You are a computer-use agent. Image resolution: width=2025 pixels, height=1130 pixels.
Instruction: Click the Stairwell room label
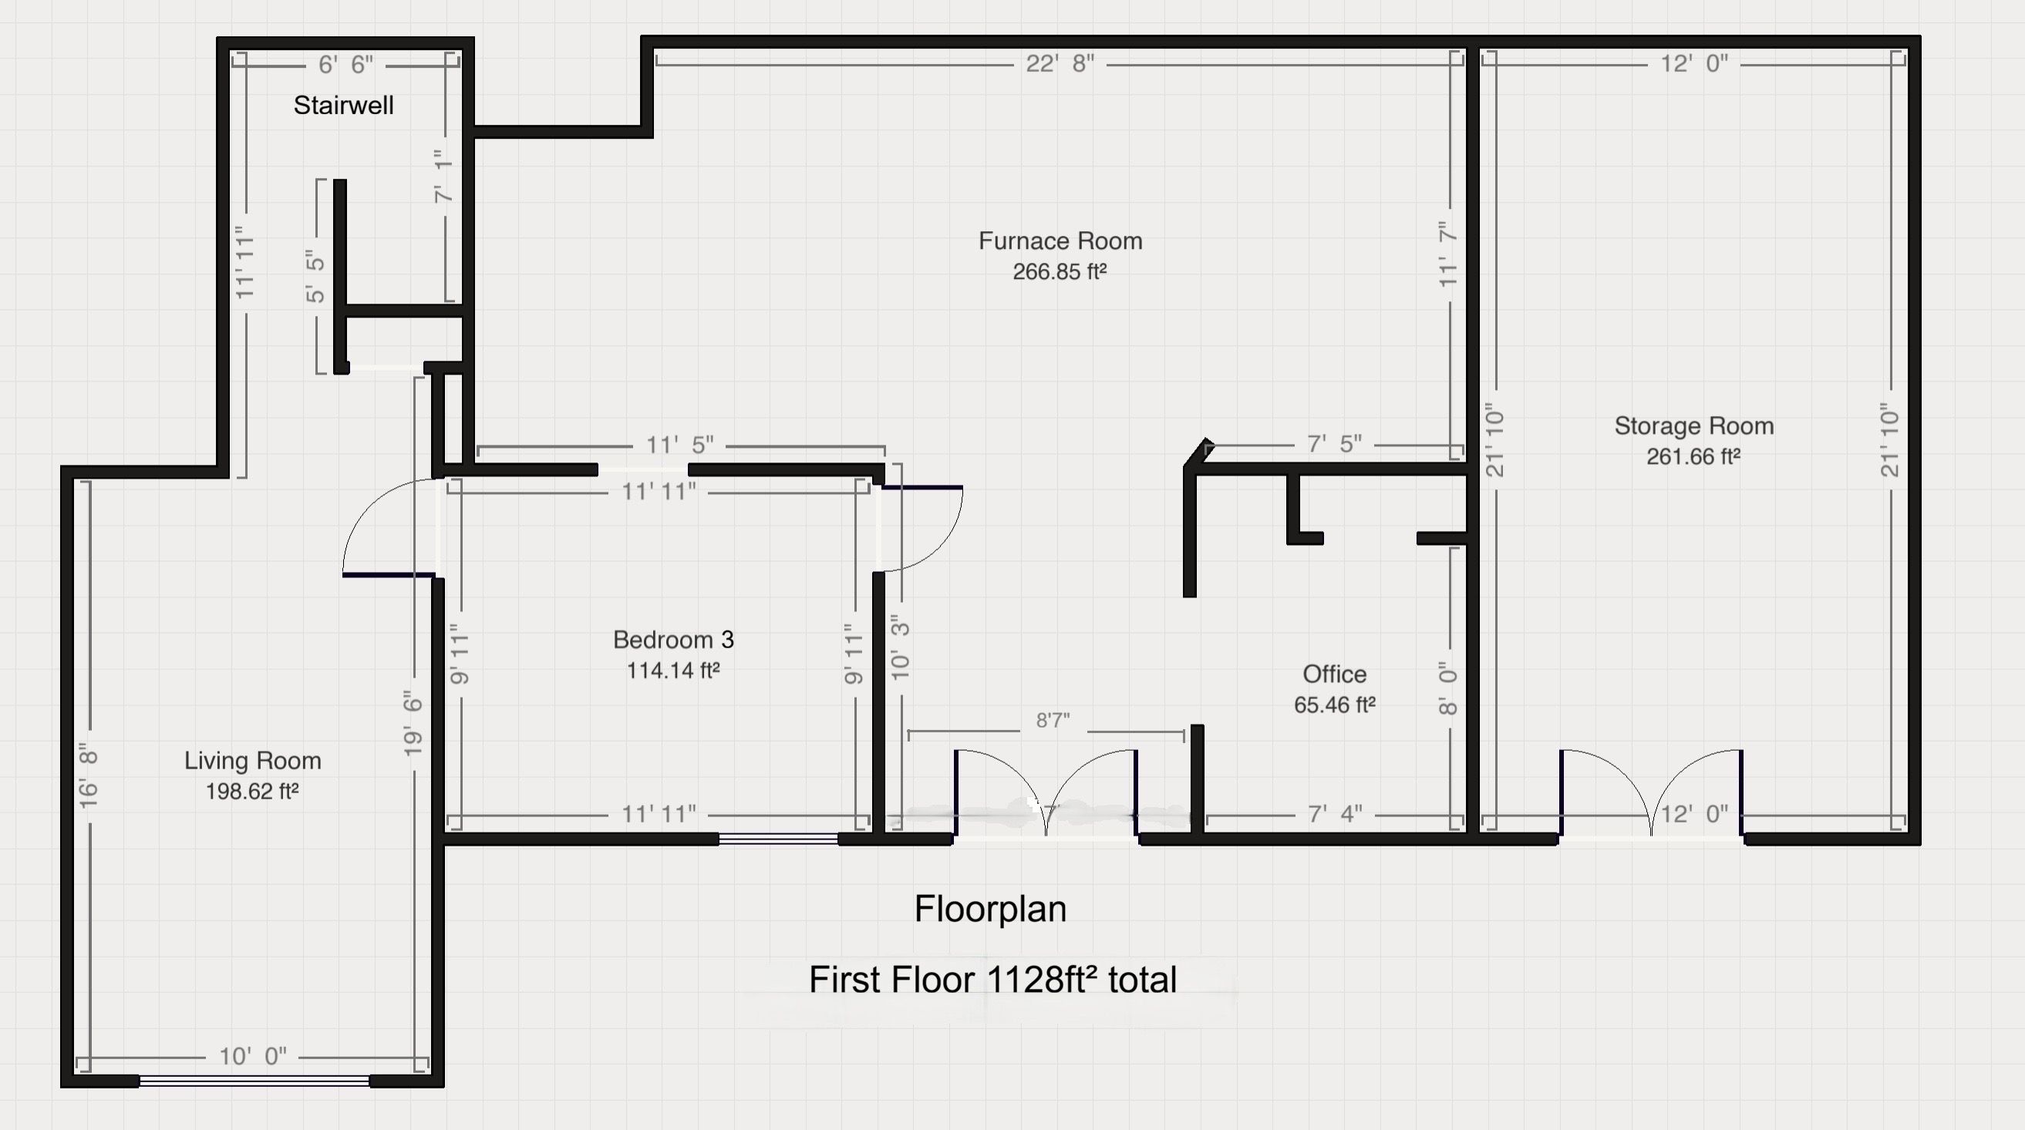343,106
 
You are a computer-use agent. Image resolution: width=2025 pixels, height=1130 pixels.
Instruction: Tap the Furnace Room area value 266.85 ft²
1060,272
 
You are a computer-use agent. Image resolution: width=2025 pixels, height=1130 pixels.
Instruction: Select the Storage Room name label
1694,426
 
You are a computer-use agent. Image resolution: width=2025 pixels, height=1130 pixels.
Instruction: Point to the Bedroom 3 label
674,640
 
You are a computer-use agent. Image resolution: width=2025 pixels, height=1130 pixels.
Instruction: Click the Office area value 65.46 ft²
1335,705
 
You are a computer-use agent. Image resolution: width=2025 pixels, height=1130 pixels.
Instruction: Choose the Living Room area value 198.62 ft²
252,792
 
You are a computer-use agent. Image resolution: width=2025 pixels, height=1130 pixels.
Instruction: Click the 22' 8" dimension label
1060,64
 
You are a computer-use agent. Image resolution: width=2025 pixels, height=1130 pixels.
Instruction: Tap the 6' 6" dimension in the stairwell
346,65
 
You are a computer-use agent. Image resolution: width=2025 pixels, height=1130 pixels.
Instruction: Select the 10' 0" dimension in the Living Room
253,1056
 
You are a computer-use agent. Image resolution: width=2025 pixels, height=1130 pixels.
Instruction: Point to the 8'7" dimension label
1053,721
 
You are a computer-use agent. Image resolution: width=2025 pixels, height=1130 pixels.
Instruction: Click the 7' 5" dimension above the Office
1335,444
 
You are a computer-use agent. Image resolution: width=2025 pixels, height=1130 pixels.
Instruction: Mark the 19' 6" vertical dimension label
413,724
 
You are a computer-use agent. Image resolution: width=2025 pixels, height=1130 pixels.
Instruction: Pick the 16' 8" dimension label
89,775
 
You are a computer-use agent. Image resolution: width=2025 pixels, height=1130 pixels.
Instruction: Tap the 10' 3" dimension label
900,647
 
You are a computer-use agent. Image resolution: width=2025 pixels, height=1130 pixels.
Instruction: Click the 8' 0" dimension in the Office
1448,688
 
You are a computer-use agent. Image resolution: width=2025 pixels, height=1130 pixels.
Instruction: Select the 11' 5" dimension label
680,445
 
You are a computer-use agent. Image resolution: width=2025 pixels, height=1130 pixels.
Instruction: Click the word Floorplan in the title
990,910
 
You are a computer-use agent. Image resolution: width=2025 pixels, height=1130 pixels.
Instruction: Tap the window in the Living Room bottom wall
254,1081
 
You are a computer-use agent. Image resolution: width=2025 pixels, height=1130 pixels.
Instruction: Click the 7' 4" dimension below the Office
1335,814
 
